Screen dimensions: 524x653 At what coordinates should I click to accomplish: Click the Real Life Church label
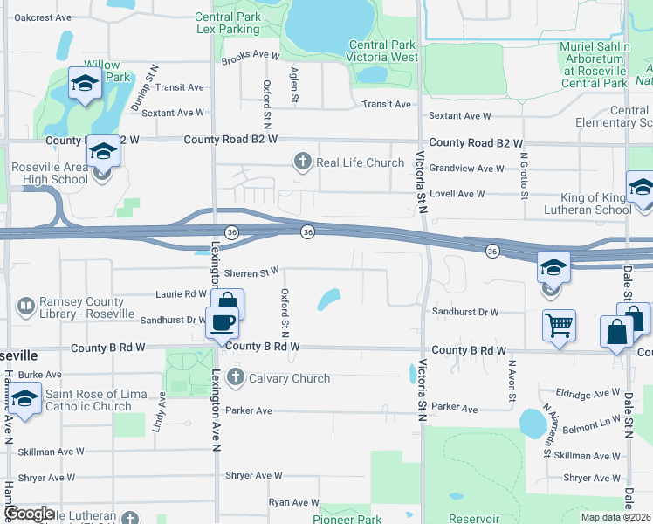[x=360, y=162]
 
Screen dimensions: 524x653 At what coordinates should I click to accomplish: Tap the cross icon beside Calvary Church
[x=235, y=378]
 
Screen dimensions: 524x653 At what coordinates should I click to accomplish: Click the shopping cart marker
[x=559, y=325]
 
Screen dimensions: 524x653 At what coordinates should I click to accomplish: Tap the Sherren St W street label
[x=251, y=273]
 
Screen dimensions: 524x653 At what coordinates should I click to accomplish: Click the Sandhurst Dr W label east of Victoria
[x=464, y=312]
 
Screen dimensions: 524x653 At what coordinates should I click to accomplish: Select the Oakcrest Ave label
[x=43, y=17]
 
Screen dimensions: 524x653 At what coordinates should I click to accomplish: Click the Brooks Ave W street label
[x=250, y=56]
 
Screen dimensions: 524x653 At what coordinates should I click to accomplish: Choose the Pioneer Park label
[x=347, y=519]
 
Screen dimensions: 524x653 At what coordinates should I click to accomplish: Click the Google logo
[x=30, y=514]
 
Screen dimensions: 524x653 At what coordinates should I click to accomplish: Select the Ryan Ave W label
[x=294, y=502]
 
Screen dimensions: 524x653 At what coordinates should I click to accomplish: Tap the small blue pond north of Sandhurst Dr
[x=329, y=300]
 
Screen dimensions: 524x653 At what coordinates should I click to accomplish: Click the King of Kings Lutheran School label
[x=584, y=203]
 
